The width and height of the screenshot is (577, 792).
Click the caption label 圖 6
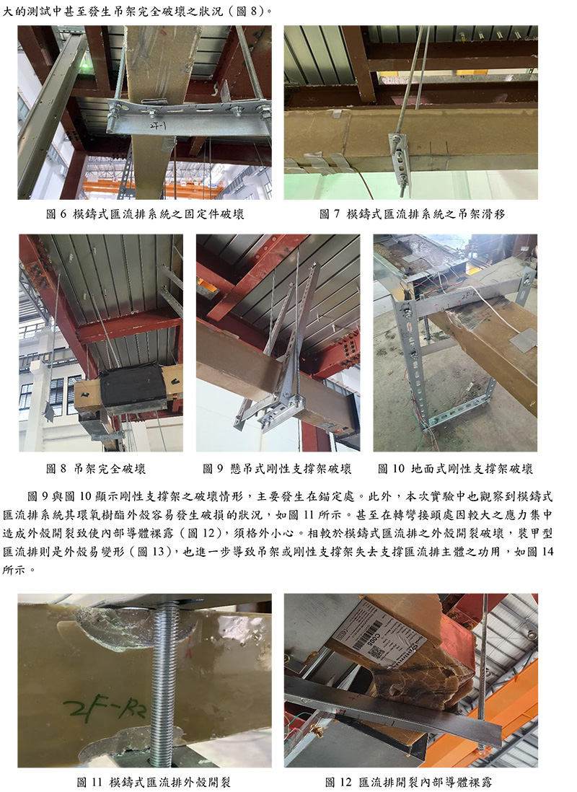pos(56,214)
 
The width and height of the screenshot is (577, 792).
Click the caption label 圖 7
pos(330,214)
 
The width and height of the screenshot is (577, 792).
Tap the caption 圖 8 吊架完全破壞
pos(96,469)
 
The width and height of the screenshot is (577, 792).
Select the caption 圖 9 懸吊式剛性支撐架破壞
pos(277,469)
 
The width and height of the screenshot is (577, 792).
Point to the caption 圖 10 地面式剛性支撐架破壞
pos(455,469)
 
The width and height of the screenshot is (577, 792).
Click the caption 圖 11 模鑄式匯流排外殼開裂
pos(154,783)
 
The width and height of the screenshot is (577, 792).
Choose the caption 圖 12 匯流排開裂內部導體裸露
pos(408,783)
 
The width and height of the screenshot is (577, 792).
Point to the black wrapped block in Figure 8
pos(133,390)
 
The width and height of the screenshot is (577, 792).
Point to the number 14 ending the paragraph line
pos(547,552)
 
